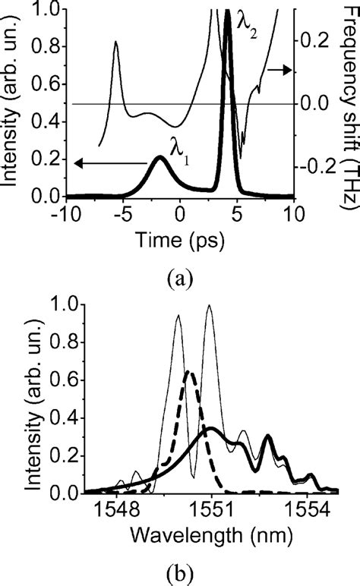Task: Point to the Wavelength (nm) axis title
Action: tap(210, 537)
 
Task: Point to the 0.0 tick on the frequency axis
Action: tap(313, 103)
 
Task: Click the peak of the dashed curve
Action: tap(190, 372)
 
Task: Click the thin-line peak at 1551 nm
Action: tap(209, 306)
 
